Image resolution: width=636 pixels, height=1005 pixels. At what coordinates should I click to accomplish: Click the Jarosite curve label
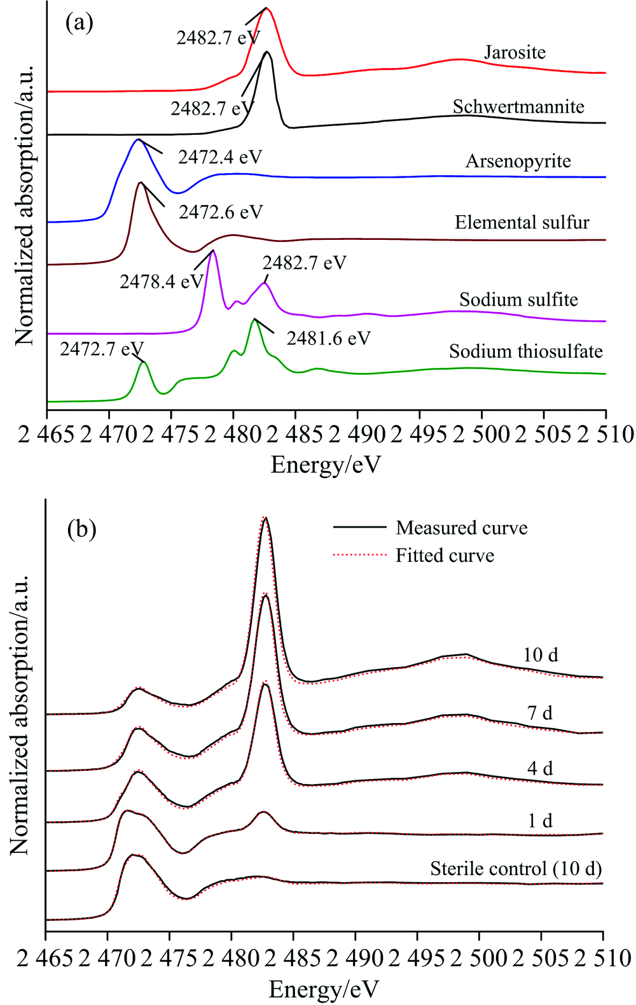click(x=515, y=52)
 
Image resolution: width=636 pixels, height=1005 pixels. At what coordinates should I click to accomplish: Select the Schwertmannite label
click(x=518, y=106)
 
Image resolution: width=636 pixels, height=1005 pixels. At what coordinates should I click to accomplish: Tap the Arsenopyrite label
click(x=518, y=161)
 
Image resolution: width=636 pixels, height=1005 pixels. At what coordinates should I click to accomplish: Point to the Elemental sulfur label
click(x=522, y=222)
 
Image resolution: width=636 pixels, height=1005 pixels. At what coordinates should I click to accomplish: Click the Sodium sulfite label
click(x=518, y=299)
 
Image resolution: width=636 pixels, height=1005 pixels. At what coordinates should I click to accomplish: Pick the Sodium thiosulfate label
click(x=525, y=351)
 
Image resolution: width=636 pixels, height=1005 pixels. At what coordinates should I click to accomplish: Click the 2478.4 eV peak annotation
click(x=162, y=281)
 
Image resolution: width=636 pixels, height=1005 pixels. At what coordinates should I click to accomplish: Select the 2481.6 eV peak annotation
click(x=328, y=338)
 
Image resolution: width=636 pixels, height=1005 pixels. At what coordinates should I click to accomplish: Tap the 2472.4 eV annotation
click(x=219, y=157)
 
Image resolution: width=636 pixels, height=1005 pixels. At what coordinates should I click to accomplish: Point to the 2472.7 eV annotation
click(x=102, y=348)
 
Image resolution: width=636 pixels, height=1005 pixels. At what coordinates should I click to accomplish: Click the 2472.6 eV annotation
click(x=220, y=211)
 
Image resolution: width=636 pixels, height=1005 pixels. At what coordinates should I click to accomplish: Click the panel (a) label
click(x=79, y=24)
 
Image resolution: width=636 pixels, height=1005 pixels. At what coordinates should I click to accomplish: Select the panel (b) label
click(x=81, y=529)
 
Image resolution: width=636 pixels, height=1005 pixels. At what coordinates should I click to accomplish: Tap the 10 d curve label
click(x=541, y=654)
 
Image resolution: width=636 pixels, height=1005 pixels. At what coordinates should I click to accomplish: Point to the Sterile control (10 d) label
click(x=516, y=868)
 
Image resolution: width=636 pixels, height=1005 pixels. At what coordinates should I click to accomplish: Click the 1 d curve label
click(x=540, y=820)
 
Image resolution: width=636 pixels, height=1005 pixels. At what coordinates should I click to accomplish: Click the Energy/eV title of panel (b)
click(x=324, y=988)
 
